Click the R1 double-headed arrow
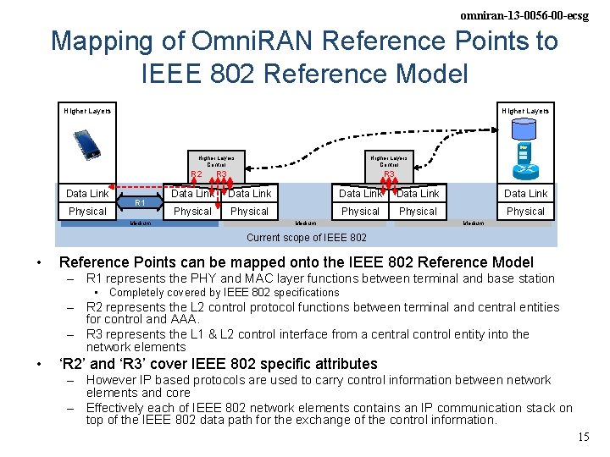pyautogui.click(x=141, y=203)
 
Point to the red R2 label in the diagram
pyautogui.click(x=196, y=175)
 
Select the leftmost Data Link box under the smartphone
pyautogui.click(x=87, y=194)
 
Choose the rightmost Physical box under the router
pyautogui.click(x=525, y=212)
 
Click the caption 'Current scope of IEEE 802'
pyautogui.click(x=306, y=238)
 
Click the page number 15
pyautogui.click(x=583, y=437)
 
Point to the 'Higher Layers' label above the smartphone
pyautogui.click(x=87, y=111)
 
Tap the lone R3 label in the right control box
pyautogui.click(x=389, y=175)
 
